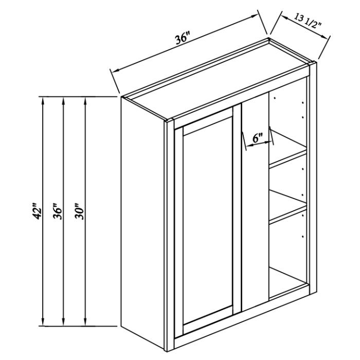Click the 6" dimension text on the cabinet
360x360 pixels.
click(258, 138)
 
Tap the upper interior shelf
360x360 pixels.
click(288, 157)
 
